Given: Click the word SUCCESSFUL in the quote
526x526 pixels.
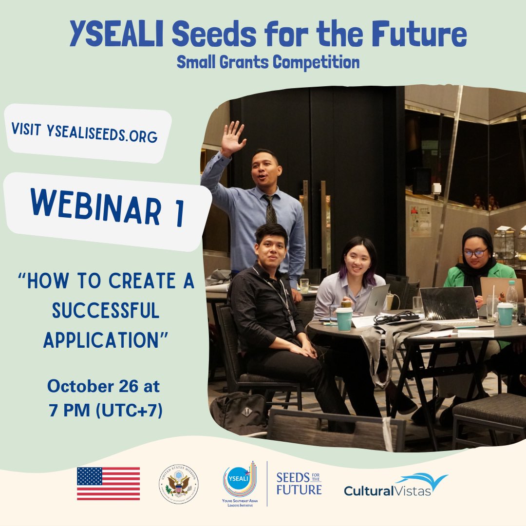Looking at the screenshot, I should pyautogui.click(x=106, y=311).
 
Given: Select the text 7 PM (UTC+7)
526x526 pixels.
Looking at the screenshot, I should pyautogui.click(x=105, y=410).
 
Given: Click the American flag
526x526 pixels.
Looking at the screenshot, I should pyautogui.click(x=108, y=484).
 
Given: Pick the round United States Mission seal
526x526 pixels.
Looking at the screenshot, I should pyautogui.click(x=178, y=484).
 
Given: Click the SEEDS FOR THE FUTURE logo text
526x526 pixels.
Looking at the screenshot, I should pyautogui.click(x=299, y=483).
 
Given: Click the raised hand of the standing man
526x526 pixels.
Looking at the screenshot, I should pyautogui.click(x=232, y=138).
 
